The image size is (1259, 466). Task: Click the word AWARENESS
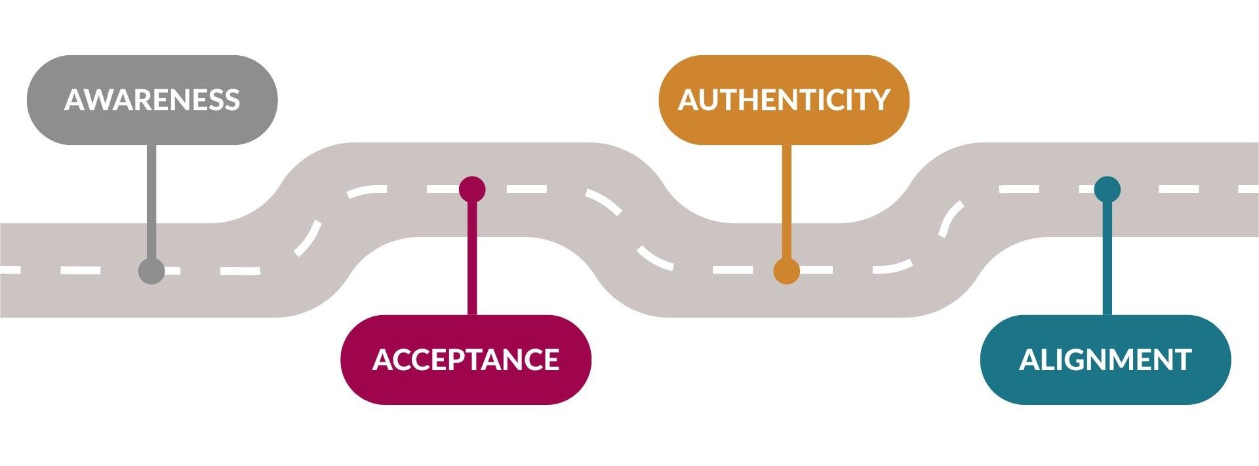click(152, 100)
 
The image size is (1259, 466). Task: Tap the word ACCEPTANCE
click(466, 360)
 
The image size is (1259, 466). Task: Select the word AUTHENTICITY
click(784, 100)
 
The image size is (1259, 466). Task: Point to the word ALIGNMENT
click(1105, 360)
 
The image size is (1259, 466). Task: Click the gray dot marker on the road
click(151, 270)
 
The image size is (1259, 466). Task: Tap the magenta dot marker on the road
click(472, 190)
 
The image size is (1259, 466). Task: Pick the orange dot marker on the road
click(786, 270)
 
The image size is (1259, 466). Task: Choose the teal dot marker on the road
click(1108, 190)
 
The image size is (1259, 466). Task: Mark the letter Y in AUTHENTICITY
click(879, 100)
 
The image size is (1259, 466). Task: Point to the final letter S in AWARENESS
click(231, 100)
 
